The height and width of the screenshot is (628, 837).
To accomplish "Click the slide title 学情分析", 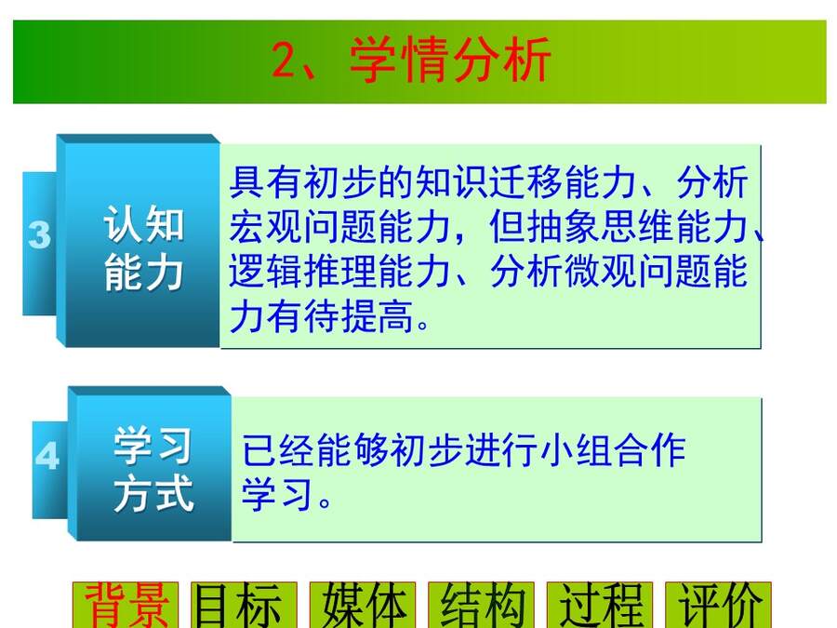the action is point(450,60).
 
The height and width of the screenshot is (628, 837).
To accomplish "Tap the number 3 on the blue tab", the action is point(39,235).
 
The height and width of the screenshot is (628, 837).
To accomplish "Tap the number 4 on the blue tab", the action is point(47,456).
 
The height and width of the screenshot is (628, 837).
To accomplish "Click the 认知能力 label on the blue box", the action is point(144,248).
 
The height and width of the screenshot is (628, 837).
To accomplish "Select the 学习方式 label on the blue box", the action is point(153,470).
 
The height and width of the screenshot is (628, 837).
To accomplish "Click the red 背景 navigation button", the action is point(126,605).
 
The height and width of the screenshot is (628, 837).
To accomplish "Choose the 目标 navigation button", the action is point(244,605).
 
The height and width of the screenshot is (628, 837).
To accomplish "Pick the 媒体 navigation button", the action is point(363,605).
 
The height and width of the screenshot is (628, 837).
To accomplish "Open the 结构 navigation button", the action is point(481,605).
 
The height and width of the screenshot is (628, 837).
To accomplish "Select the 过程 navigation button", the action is point(600,605).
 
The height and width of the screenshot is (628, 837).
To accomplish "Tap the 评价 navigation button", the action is point(718,605).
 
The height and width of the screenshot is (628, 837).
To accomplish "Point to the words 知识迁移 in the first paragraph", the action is point(489,182).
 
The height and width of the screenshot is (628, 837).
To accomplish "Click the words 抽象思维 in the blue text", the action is point(601,227).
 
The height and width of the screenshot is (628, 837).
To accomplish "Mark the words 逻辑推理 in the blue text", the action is point(303,272).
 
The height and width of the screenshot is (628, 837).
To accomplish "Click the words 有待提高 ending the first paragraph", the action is point(340,316).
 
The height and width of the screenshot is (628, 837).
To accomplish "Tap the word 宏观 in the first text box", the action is point(266,227).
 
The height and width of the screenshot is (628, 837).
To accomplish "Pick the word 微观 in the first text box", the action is point(601,272).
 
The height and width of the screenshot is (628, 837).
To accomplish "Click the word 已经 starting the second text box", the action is point(279,450).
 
